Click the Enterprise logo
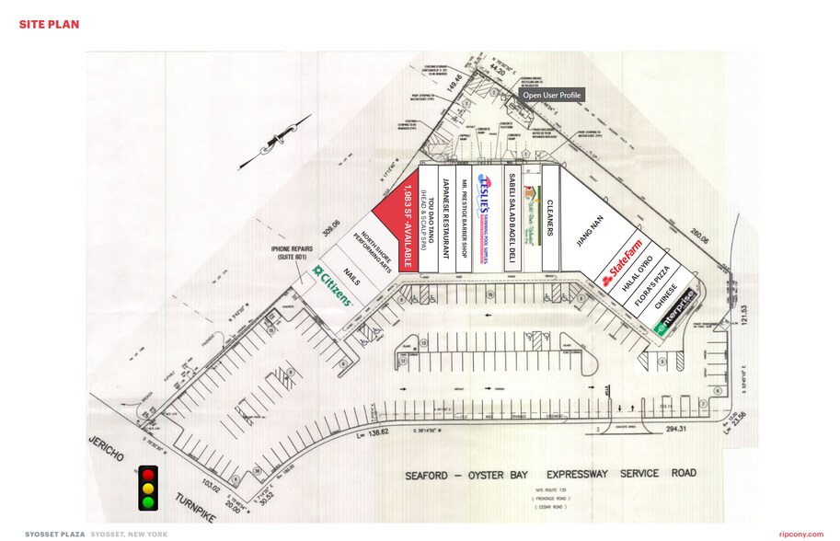674,314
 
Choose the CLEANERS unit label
549,218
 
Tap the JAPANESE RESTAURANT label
445,218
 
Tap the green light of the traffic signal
147,501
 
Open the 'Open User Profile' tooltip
551,95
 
